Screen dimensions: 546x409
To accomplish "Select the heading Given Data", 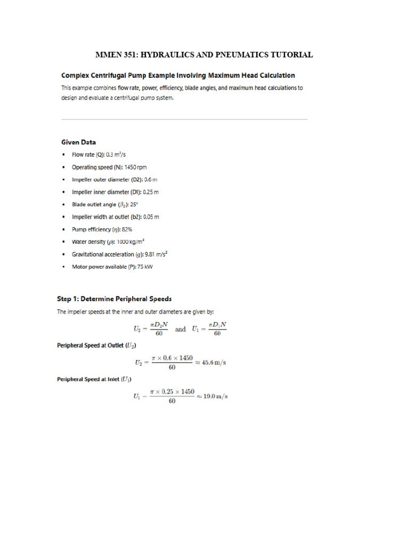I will pyautogui.click(x=78, y=142).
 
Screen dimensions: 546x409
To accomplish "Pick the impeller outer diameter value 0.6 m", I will pyautogui.click(x=151, y=180).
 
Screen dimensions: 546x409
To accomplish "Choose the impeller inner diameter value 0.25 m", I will pyautogui.click(x=149, y=192).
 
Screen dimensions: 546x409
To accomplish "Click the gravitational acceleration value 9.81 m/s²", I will pyautogui.click(x=159, y=254).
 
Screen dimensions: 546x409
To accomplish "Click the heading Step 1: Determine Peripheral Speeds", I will pyautogui.click(x=114, y=299).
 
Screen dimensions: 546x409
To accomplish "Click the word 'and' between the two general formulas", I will pyautogui.click(x=181, y=329).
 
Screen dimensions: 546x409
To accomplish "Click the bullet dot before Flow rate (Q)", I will pyautogui.click(x=64, y=155).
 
